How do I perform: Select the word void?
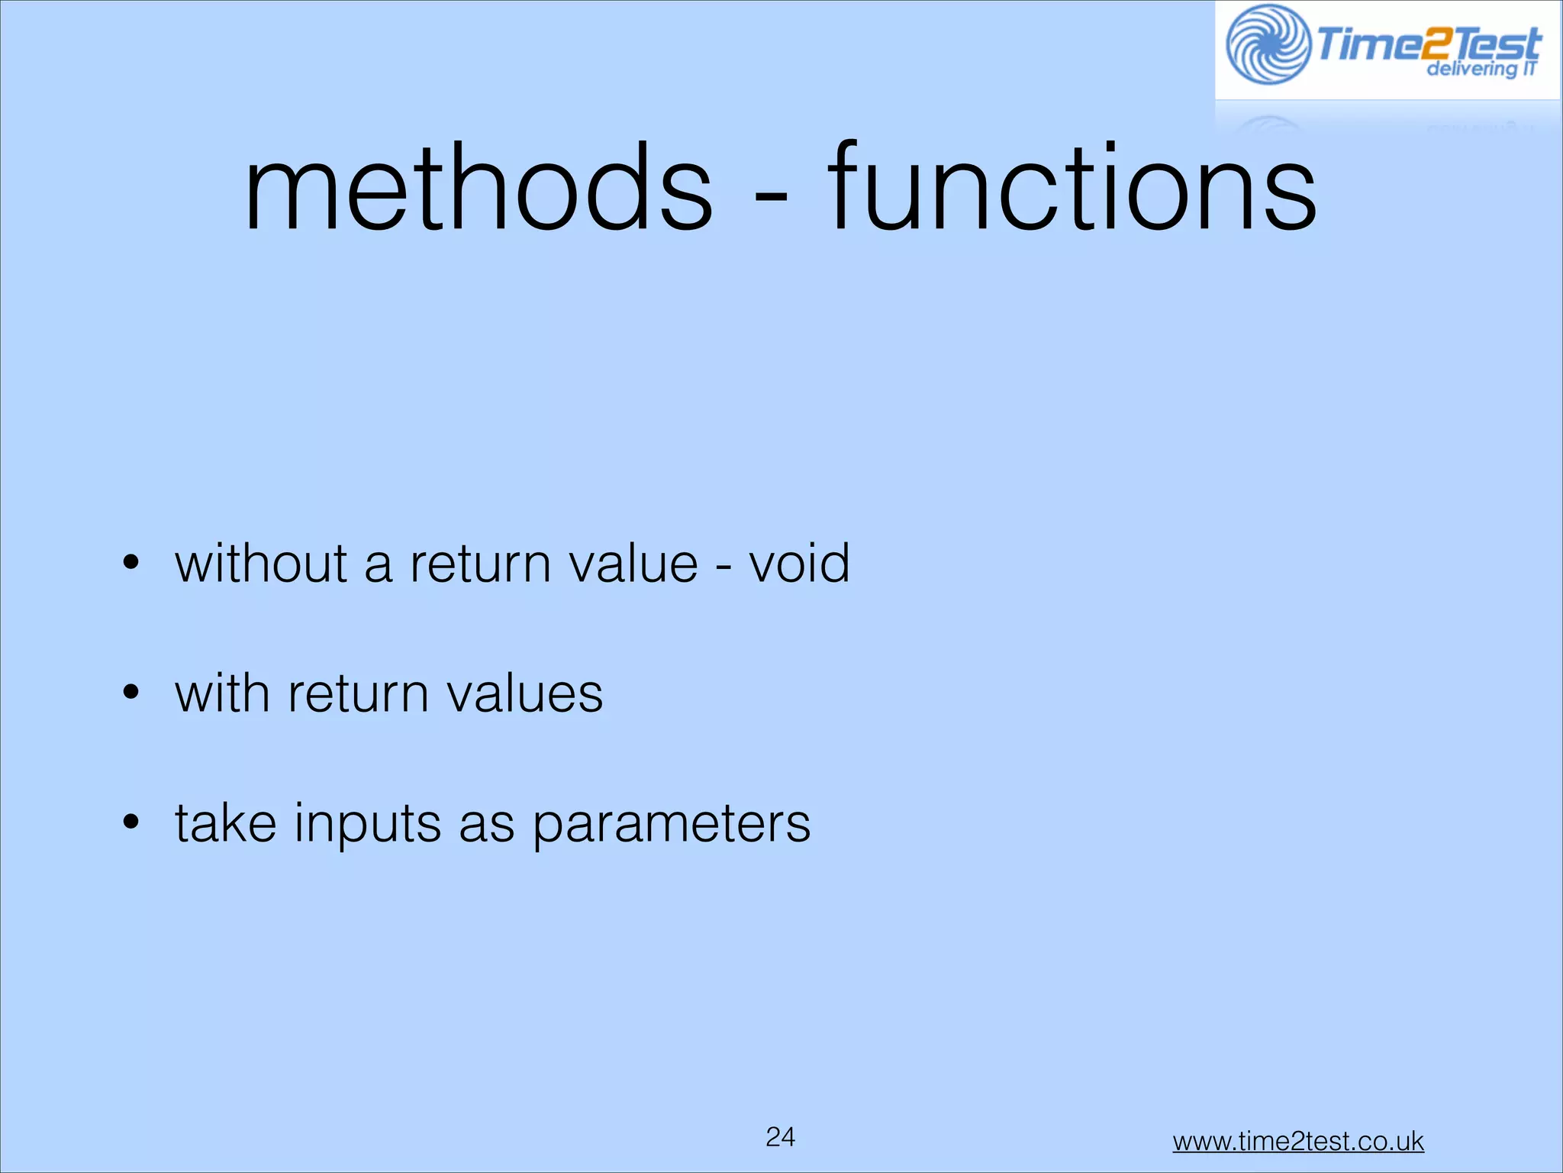click(x=799, y=564)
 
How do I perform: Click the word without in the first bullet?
click(x=262, y=564)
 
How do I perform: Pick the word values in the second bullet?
click(x=524, y=693)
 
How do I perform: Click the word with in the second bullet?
click(x=222, y=693)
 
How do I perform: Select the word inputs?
click(x=368, y=825)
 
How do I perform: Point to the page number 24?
click(x=780, y=1137)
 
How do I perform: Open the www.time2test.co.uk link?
click(x=1297, y=1142)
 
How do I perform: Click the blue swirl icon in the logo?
click(x=1268, y=45)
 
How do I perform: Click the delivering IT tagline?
click(x=1481, y=69)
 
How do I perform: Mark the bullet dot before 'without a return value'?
click(x=131, y=564)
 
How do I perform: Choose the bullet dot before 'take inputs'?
click(x=131, y=823)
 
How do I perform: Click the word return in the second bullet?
click(x=358, y=693)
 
